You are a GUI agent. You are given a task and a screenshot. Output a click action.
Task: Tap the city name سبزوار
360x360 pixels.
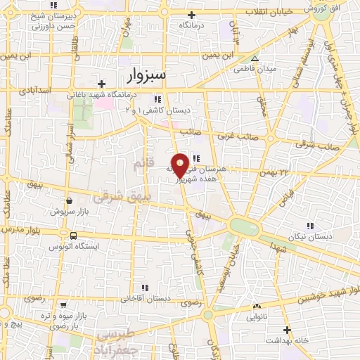coord(155,75)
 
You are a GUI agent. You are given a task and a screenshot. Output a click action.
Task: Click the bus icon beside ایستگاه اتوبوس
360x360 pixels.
coord(73,235)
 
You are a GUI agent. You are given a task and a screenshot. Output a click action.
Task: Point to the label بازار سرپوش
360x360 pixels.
coord(67,210)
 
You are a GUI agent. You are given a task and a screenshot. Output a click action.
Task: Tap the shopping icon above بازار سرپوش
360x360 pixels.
coord(68,200)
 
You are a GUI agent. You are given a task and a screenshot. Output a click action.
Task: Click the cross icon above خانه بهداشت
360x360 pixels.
coord(287,330)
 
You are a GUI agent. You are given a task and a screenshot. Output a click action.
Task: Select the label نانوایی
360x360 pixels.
coord(256,317)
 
